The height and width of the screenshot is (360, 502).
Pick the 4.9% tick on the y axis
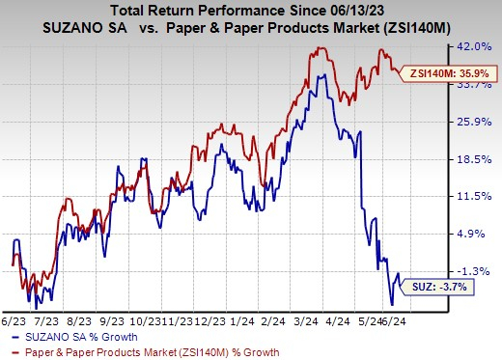[x=482, y=234]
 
